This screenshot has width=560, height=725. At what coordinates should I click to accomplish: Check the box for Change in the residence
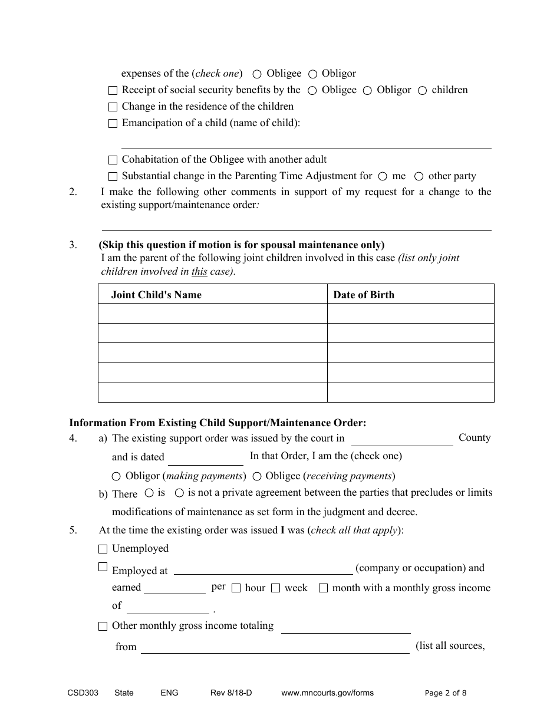coord(113,107)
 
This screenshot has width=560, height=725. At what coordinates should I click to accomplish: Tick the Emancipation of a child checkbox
coord(113,124)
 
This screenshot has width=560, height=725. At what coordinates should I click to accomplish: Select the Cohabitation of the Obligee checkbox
coord(113,160)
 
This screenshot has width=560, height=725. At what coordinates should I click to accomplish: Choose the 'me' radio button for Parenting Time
coord(383,176)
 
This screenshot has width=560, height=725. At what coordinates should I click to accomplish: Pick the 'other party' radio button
coord(419,176)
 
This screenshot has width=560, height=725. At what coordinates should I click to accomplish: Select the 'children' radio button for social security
coord(422,91)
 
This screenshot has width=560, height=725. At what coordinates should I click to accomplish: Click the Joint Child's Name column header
coord(156,295)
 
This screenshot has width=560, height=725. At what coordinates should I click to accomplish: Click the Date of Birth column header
coord(364,295)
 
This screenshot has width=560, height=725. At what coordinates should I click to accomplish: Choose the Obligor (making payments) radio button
coord(116,476)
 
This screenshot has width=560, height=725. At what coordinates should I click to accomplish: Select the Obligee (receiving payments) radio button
coord(257,476)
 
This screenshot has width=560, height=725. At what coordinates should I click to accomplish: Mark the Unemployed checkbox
coord(103,549)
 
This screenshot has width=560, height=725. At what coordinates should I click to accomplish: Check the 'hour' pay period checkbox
coord(236,588)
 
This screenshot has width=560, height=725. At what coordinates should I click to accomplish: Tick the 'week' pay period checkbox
coord(275,588)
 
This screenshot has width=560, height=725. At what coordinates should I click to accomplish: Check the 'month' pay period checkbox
coord(323,588)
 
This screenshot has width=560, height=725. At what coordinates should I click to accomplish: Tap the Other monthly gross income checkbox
coord(103,627)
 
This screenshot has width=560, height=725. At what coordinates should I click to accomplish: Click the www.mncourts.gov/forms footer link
coord(327,693)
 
